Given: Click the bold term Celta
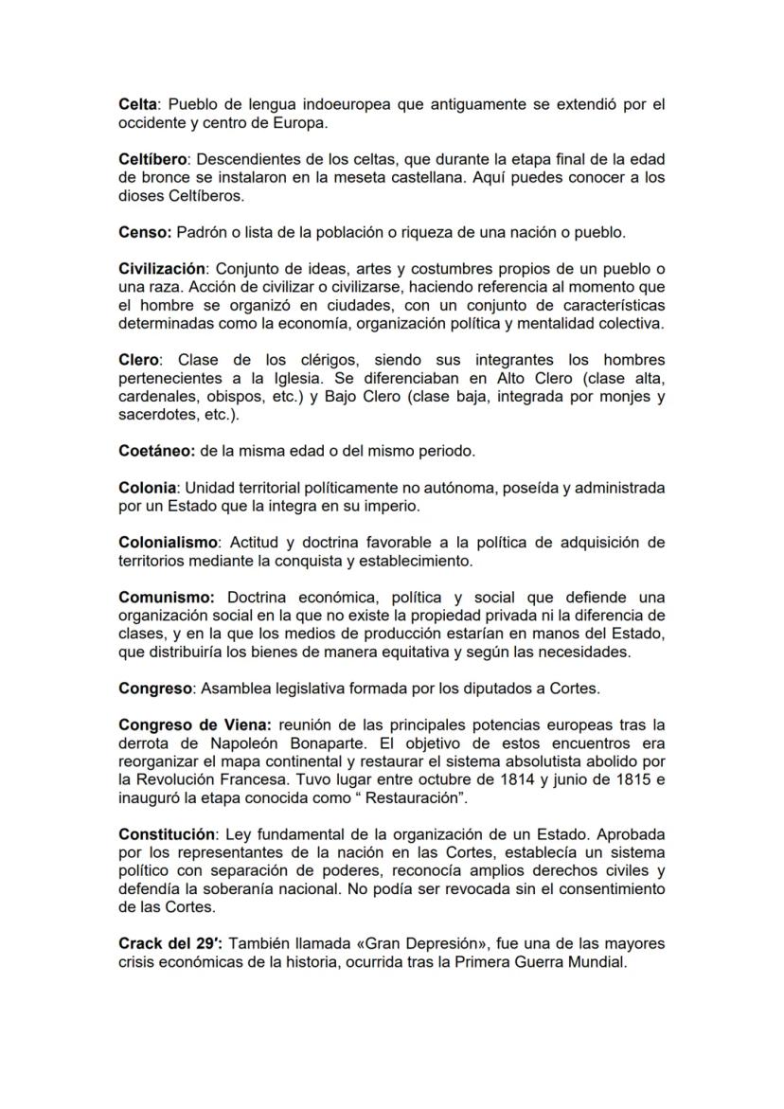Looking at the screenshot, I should [138, 105].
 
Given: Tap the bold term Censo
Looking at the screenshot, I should [144, 232].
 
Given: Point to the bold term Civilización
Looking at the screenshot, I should [162, 268].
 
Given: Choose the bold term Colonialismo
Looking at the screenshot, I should [168, 543].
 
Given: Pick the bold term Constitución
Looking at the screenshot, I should [167, 834].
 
